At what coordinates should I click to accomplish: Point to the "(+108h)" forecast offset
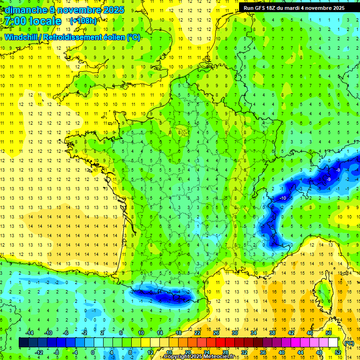(83, 21)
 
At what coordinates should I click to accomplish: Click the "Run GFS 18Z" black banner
(294, 7)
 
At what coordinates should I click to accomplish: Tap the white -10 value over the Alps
(283, 198)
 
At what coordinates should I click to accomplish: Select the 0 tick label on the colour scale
(93, 352)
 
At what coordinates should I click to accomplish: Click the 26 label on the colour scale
(216, 333)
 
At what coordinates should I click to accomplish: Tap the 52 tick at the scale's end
(338, 352)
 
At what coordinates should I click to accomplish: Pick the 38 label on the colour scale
(272, 333)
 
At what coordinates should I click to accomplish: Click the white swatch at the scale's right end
(333, 343)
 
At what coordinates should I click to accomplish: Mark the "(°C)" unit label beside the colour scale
(349, 343)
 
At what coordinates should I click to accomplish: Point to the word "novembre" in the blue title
(79, 10)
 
